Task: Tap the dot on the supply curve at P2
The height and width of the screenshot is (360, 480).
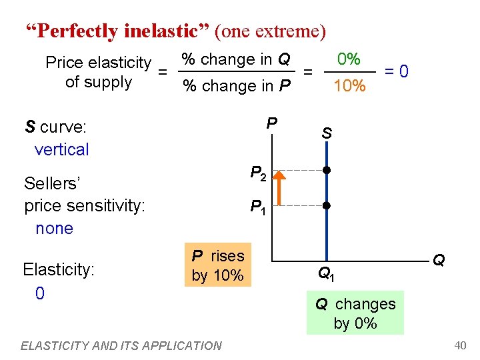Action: coord(326,170)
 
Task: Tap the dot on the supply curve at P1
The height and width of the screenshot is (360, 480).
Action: coord(326,205)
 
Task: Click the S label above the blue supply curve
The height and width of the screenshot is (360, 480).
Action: coord(327,133)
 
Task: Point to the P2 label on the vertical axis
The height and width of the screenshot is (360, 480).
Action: coord(259,175)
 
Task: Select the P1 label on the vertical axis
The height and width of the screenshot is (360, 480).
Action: coord(259,209)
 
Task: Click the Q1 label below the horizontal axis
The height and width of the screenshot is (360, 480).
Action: coord(326,273)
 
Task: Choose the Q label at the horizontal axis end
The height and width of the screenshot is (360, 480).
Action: coord(439,259)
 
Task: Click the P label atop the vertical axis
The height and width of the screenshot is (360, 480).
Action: coord(271,123)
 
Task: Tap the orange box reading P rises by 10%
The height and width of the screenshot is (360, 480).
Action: coord(218,265)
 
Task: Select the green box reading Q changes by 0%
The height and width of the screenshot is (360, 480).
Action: coord(355,313)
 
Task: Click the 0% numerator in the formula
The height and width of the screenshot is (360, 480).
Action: coord(349,59)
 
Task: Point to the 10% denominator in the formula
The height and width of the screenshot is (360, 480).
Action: coord(349,85)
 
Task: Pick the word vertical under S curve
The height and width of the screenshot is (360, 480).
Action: coord(61,149)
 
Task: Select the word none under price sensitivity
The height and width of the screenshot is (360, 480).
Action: coord(54,228)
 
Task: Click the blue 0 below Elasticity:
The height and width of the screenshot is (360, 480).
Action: coord(40,293)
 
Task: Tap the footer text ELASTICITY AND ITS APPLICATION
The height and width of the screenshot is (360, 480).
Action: coord(121,345)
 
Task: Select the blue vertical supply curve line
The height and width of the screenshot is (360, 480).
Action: coord(326,227)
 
